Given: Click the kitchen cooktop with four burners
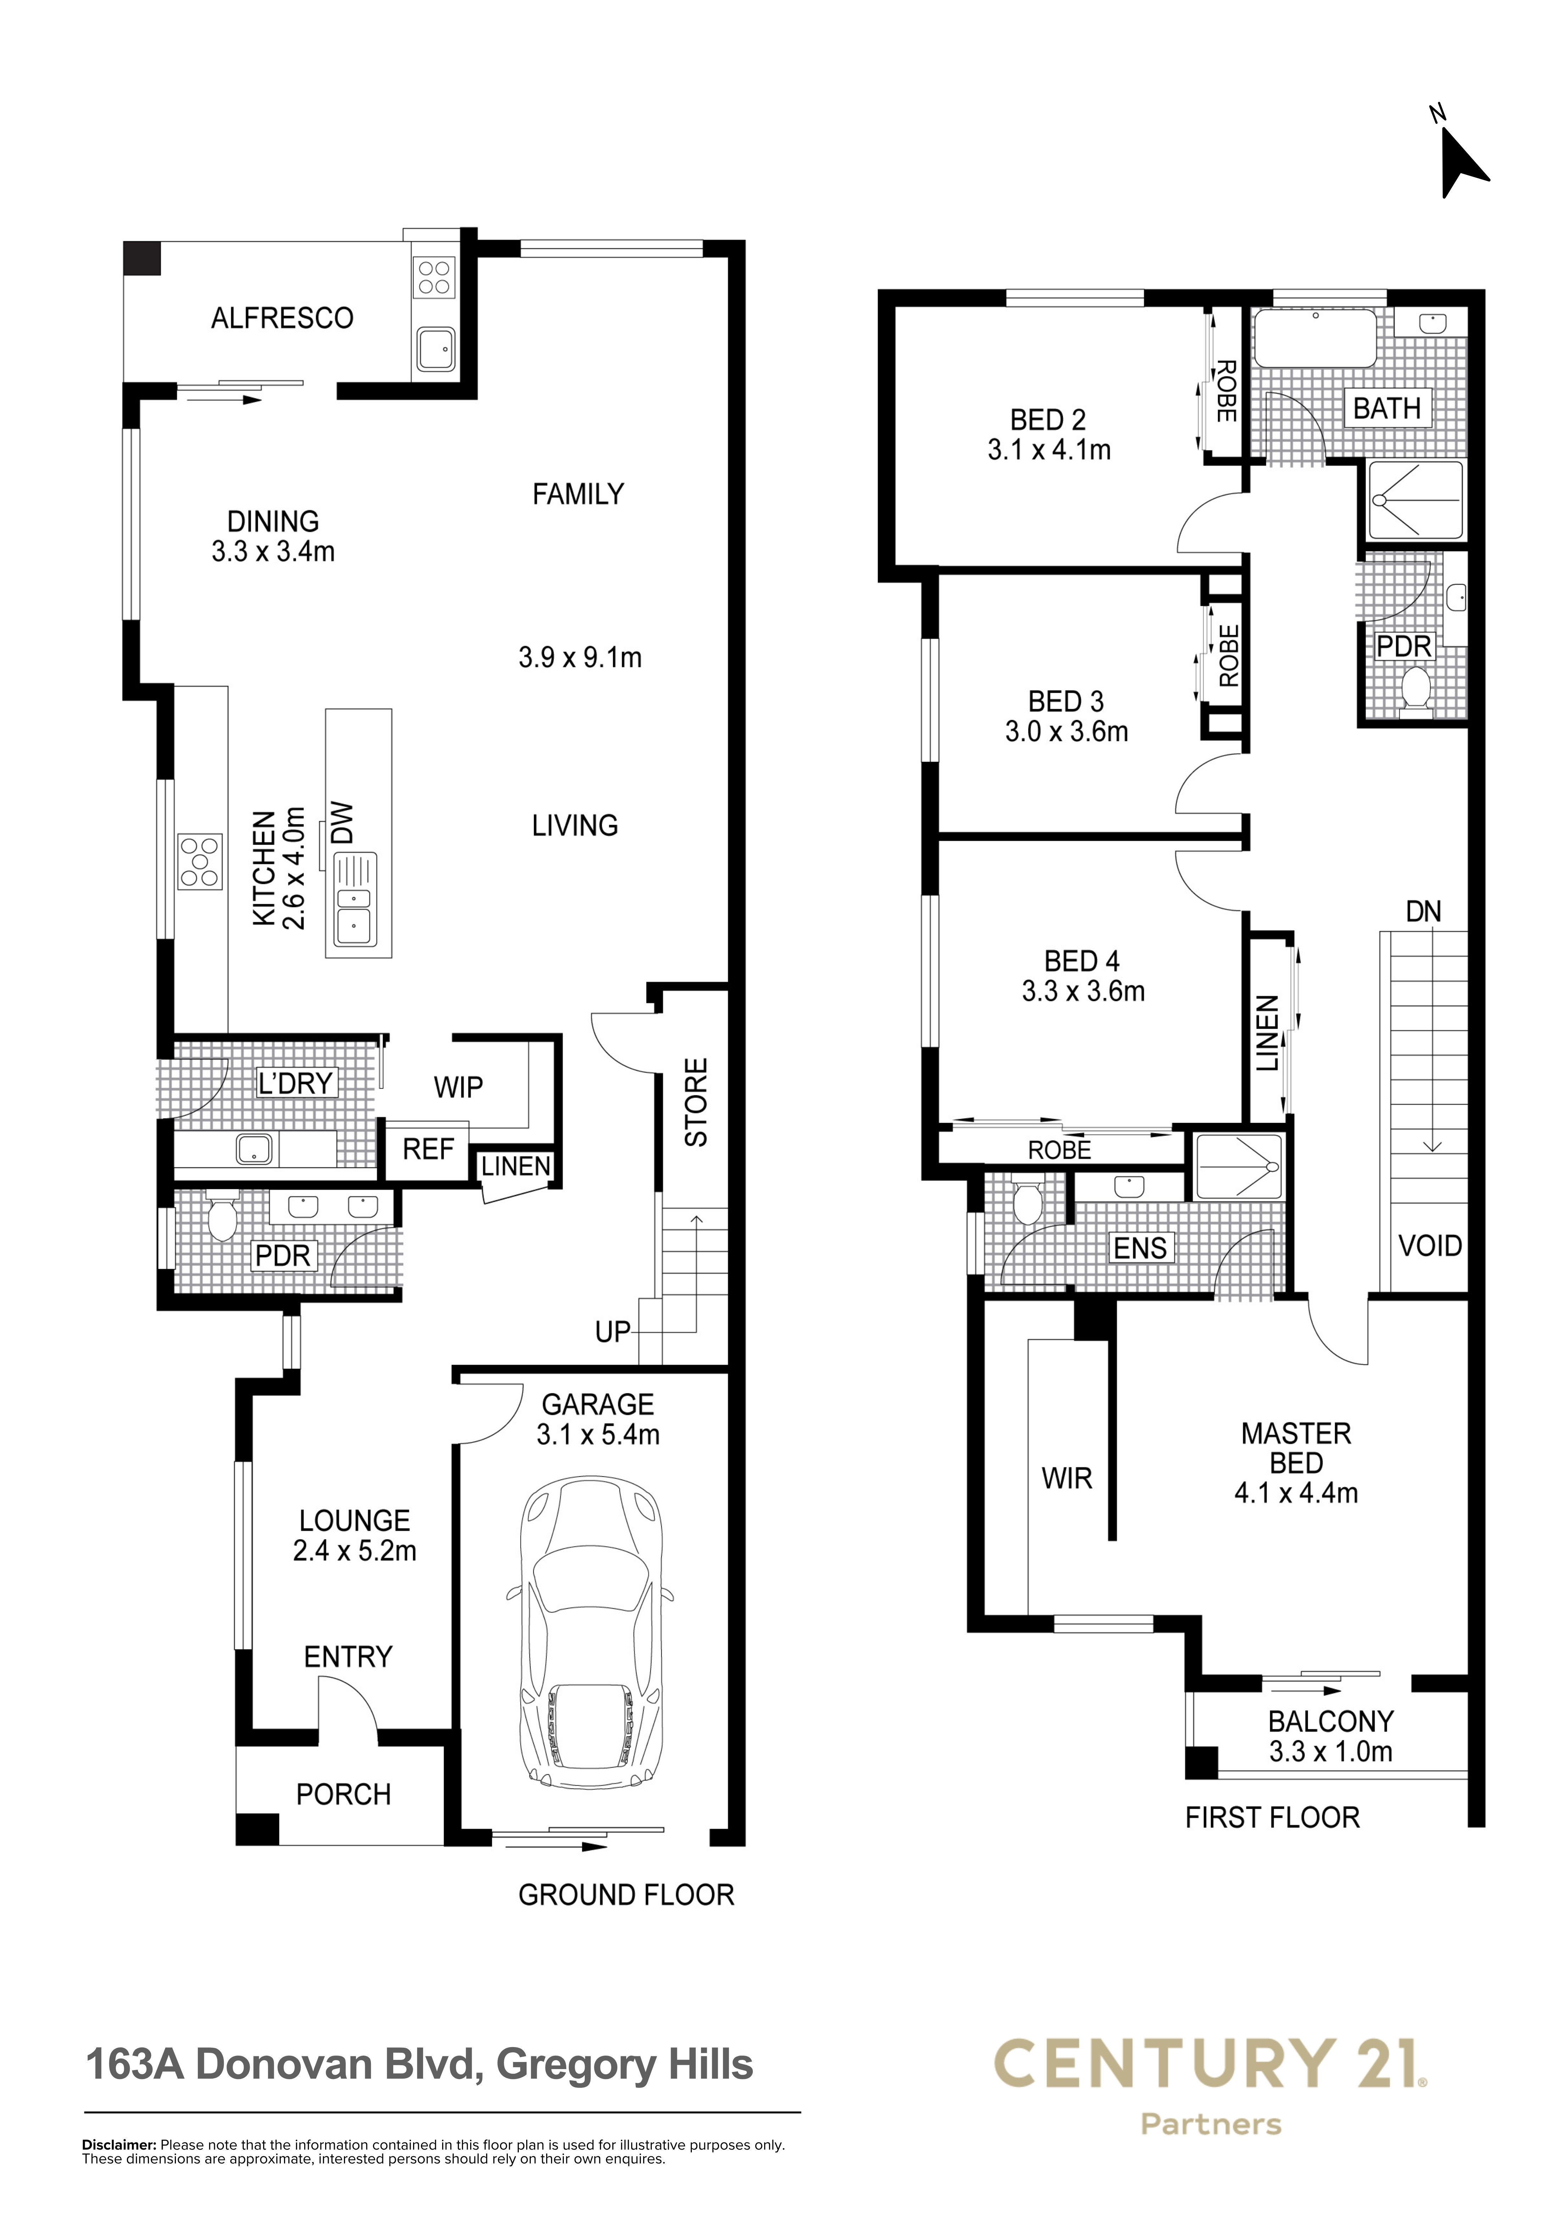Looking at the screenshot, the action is click(x=200, y=860).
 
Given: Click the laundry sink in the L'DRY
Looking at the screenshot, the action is click(x=255, y=1149).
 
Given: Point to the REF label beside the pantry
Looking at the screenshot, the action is click(x=428, y=1149).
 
